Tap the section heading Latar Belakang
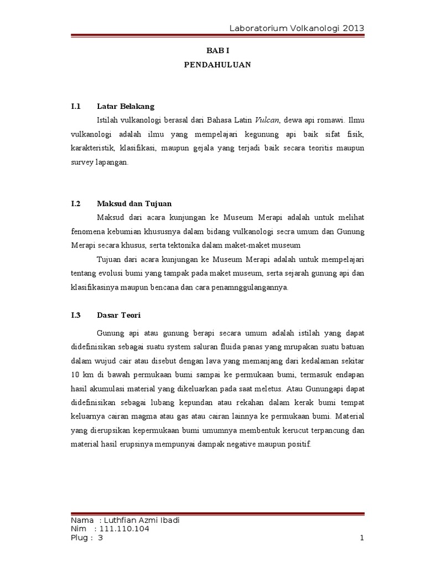pyautogui.click(x=126, y=106)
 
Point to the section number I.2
pyautogui.click(x=76, y=203)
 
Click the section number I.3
pyautogui.click(x=76, y=315)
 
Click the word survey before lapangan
pyautogui.click(x=84, y=163)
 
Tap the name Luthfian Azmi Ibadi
pyautogui.click(x=141, y=520)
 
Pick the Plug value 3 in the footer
pyautogui.click(x=101, y=538)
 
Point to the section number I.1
pyautogui.click(x=76, y=106)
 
